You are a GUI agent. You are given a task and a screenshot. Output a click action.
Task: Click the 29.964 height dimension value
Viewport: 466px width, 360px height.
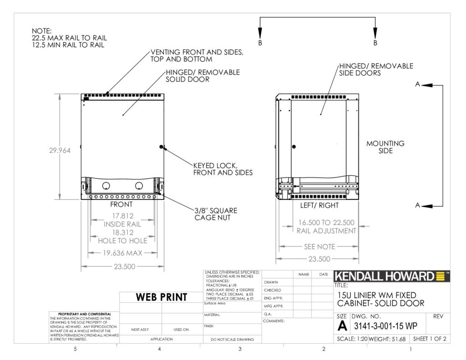(x=60, y=151)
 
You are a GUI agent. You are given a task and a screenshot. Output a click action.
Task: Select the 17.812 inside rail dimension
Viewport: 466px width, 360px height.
(x=123, y=216)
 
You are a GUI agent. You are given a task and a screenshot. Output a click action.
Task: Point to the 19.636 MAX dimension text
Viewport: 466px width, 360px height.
(x=122, y=253)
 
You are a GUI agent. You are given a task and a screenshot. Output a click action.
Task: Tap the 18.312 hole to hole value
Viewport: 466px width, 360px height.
(x=123, y=233)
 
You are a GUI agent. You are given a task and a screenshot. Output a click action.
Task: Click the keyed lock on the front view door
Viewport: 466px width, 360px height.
(x=162, y=147)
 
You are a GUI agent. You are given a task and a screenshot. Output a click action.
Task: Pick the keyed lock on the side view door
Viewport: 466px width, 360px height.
(x=294, y=147)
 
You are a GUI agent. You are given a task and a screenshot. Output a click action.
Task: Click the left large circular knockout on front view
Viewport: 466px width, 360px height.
(x=106, y=186)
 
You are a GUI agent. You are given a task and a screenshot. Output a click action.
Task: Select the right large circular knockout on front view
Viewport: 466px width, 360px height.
(x=139, y=186)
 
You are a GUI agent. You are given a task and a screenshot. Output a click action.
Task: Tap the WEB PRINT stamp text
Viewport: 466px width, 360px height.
(x=162, y=297)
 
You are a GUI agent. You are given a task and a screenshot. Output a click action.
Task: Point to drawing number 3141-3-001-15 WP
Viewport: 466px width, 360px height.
(x=385, y=326)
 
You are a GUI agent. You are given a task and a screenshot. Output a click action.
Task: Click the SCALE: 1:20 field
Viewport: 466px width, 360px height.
(x=352, y=339)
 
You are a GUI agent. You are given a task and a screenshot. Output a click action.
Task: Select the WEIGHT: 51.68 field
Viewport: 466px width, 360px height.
(x=387, y=339)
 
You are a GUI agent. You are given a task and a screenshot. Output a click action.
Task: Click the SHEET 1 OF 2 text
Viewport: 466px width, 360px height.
(x=430, y=339)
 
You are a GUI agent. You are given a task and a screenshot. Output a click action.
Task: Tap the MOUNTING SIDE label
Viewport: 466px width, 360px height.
(x=385, y=147)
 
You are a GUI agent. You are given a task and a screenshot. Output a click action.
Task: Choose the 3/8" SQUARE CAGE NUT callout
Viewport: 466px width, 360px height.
(x=216, y=214)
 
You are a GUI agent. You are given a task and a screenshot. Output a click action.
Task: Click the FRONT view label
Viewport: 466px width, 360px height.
(x=121, y=204)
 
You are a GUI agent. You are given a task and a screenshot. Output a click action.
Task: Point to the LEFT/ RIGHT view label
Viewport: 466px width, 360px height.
(x=319, y=205)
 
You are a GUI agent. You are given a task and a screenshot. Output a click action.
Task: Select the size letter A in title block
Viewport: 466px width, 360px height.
(x=342, y=326)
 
